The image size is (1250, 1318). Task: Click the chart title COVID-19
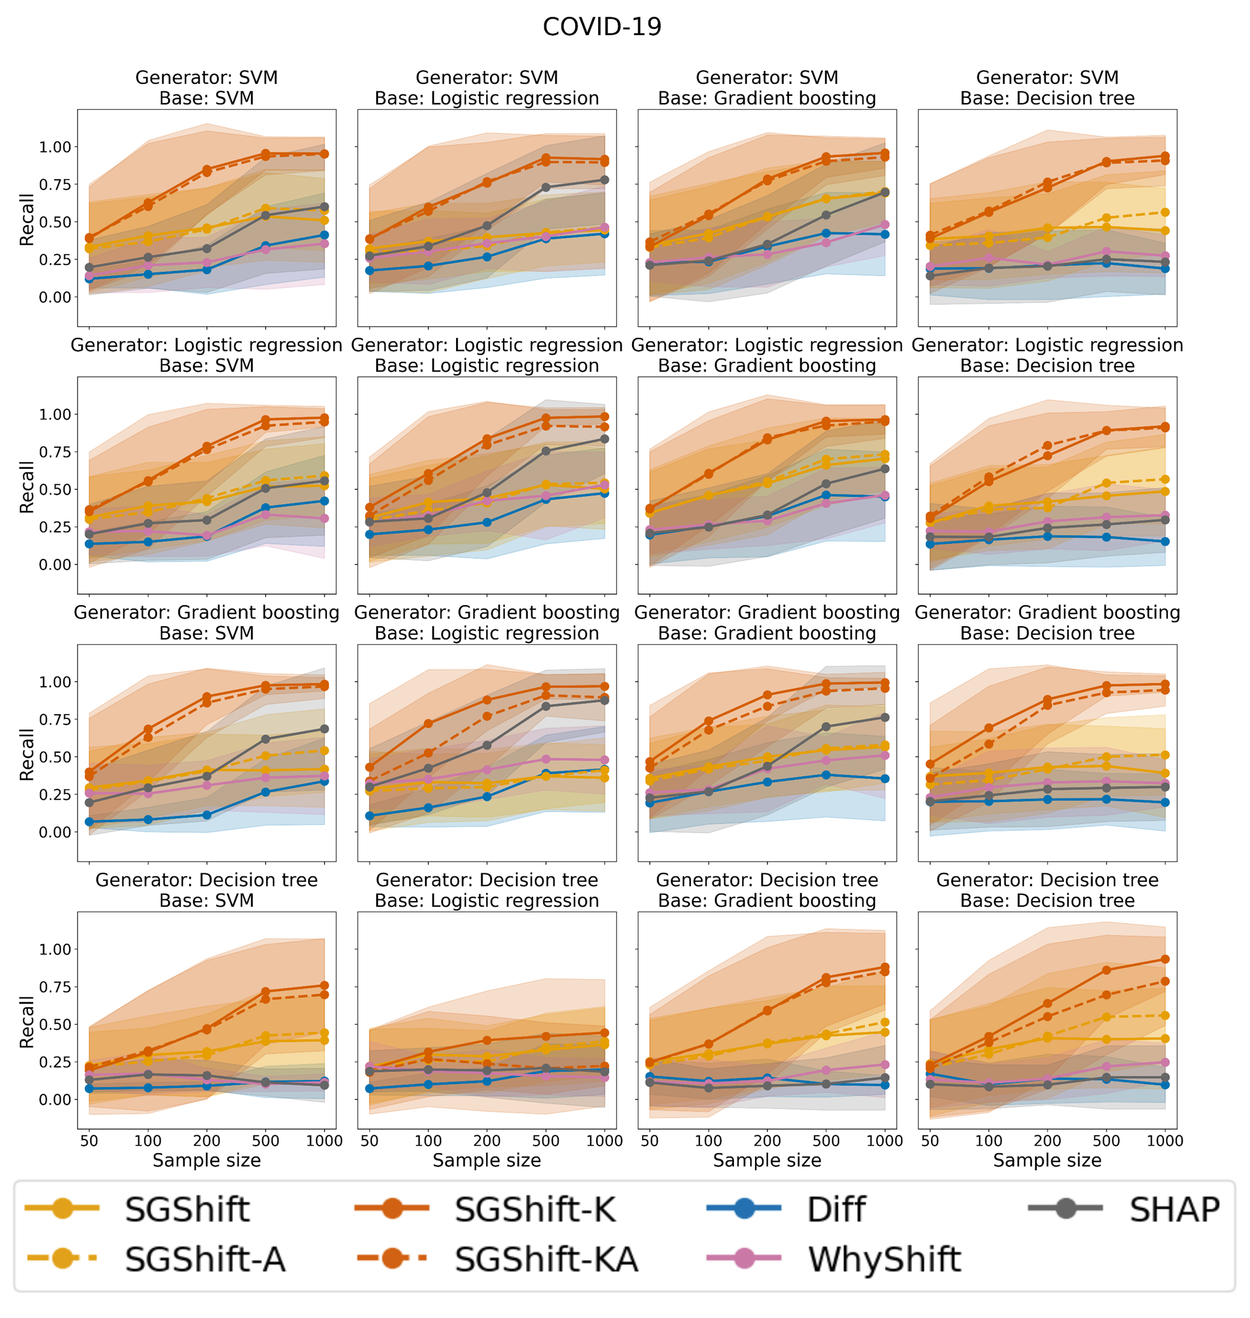coord(602,27)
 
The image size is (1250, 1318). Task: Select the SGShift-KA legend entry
coord(546,1259)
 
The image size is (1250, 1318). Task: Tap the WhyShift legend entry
coord(884,1259)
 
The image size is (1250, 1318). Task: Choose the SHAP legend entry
coord(1174,1209)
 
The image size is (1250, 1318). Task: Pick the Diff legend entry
coord(835,1209)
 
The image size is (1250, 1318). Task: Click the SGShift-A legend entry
coord(205,1259)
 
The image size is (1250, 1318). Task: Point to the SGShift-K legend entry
coord(535,1209)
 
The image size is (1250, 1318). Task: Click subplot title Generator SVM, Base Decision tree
coord(1047,88)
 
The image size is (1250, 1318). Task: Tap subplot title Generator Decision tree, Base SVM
coord(206,890)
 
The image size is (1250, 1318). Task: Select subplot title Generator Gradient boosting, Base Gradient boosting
coord(767,623)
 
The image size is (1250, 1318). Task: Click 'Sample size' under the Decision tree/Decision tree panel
coord(1047,1160)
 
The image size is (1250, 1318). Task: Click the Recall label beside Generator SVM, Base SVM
coord(27,220)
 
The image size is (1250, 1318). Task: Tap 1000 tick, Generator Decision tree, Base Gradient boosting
coord(885,1141)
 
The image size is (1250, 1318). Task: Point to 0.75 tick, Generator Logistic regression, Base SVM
coord(54,452)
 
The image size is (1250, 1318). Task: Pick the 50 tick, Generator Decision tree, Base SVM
coord(89,1141)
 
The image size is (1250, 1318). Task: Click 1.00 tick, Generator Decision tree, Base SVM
coord(54,949)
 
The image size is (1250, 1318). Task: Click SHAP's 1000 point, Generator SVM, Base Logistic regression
coord(605,180)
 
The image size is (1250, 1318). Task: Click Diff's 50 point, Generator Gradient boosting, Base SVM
coord(89,822)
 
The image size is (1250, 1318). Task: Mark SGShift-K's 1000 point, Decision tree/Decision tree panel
coord(1165,959)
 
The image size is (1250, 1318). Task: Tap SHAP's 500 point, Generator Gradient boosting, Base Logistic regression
coord(546,707)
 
